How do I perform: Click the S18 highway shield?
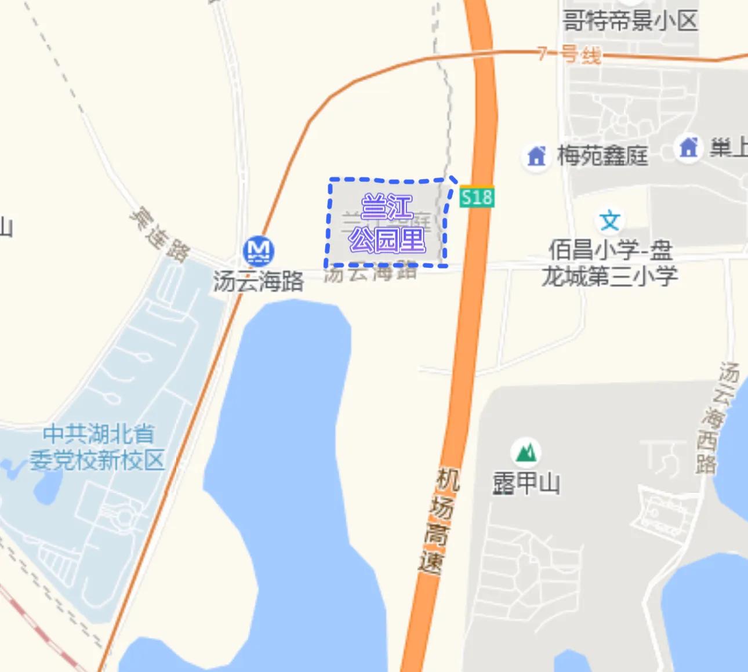[x=477, y=197]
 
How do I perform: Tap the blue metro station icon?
[x=258, y=250]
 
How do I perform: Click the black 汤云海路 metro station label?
[x=258, y=282]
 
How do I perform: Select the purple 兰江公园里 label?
[x=387, y=224]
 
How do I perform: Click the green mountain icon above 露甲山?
[x=525, y=452]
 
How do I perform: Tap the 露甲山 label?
[x=526, y=483]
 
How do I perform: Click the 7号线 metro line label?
[x=569, y=55]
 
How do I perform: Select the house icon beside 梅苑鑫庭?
[x=536, y=156]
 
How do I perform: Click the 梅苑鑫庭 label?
[x=602, y=155]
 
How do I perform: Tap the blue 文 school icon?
[x=609, y=220]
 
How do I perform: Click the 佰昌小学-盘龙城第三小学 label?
[x=610, y=263]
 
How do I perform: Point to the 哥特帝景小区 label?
[x=630, y=21]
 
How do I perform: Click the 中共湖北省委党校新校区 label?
[x=98, y=447]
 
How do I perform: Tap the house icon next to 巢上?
[x=688, y=147]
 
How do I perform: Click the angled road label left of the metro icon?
[x=159, y=235]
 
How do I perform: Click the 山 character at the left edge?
[x=5, y=226]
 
